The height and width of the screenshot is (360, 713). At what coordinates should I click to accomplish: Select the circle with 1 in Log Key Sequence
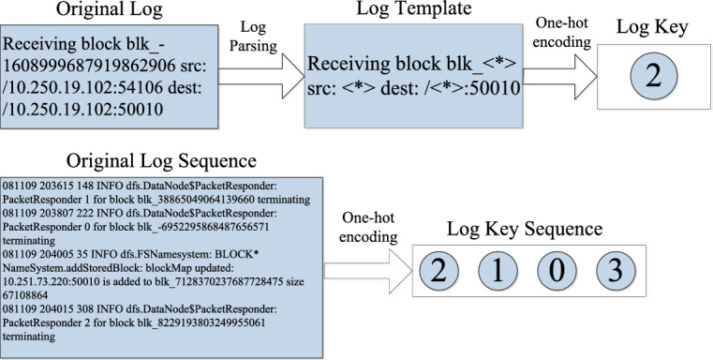(x=499, y=271)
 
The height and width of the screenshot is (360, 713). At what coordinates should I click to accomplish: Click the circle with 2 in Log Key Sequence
(x=439, y=271)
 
